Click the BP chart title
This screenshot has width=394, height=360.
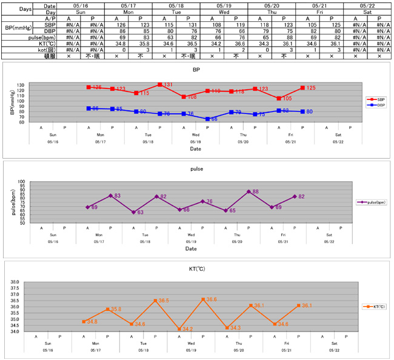tap(196, 70)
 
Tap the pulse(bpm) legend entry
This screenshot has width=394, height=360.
tap(373, 202)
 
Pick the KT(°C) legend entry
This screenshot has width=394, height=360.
tap(375, 307)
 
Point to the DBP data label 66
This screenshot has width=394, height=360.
tap(215, 119)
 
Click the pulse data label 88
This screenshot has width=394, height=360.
tap(257, 192)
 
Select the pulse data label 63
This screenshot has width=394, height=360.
tap(139, 213)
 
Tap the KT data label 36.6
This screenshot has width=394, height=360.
tap(212, 299)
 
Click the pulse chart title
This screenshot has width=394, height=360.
tap(196, 170)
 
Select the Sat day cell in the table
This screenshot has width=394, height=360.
tap(367, 12)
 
